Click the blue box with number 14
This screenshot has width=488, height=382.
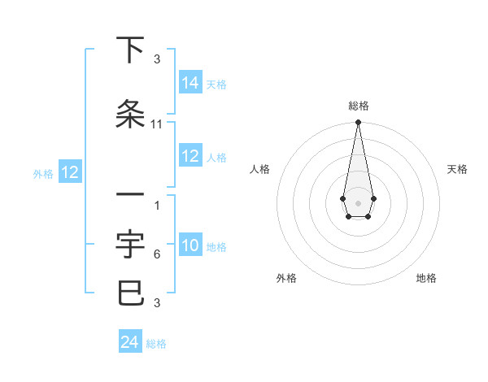[x=190, y=83]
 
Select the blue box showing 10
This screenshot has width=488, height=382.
[x=190, y=245]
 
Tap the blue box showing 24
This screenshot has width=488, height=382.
[x=129, y=342]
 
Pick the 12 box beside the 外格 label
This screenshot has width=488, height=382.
[x=70, y=172]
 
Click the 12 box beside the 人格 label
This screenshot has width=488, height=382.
[x=190, y=156]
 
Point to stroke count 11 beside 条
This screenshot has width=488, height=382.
[x=157, y=124]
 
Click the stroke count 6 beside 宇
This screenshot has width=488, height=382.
[x=157, y=254]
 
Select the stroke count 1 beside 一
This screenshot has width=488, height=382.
[x=157, y=206]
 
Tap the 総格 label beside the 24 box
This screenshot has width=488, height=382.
[x=156, y=344]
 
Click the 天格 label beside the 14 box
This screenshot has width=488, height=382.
[x=216, y=84]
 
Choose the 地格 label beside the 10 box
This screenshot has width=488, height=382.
[x=216, y=246]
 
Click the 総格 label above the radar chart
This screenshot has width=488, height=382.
[x=358, y=106]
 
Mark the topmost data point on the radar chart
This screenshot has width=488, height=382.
[x=358, y=123]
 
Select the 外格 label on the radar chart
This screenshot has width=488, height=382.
[x=286, y=278]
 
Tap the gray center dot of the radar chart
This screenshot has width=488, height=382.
[x=358, y=202]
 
